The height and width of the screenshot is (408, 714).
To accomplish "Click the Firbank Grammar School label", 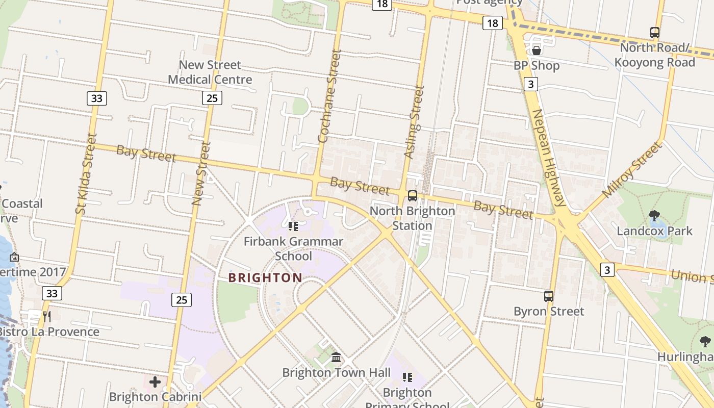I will [x=293, y=248].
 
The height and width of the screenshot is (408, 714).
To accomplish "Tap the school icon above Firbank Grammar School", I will [x=293, y=226].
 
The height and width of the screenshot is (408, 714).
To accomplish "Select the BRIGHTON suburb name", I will [x=265, y=278].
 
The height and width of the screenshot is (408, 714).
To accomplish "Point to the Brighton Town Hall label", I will [x=337, y=373].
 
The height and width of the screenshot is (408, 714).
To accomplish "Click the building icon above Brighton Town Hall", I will [x=336, y=357].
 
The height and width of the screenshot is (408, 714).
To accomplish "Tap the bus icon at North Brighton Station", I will [x=412, y=195].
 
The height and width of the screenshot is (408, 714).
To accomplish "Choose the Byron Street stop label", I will [x=549, y=311].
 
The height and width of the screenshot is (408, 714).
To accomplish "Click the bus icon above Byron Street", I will [x=549, y=296].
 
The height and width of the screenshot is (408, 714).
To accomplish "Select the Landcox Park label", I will [x=654, y=231].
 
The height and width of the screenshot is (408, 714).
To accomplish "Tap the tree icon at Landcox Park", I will [x=654, y=215].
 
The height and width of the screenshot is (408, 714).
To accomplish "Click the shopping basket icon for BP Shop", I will [x=536, y=50].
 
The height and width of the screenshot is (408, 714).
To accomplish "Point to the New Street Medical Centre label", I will [x=210, y=72].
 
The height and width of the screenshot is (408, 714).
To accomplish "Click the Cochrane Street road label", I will [x=329, y=96].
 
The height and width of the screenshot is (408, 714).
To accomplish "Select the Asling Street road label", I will [x=414, y=121].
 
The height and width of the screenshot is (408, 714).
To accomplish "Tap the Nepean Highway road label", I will [x=549, y=158].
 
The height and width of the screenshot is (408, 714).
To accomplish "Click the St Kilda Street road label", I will [x=85, y=173].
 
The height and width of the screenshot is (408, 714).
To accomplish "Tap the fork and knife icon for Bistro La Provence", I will [x=47, y=316].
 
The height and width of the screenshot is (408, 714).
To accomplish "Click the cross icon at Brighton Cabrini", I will [x=155, y=381].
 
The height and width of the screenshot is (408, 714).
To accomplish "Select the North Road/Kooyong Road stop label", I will [x=654, y=55].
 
